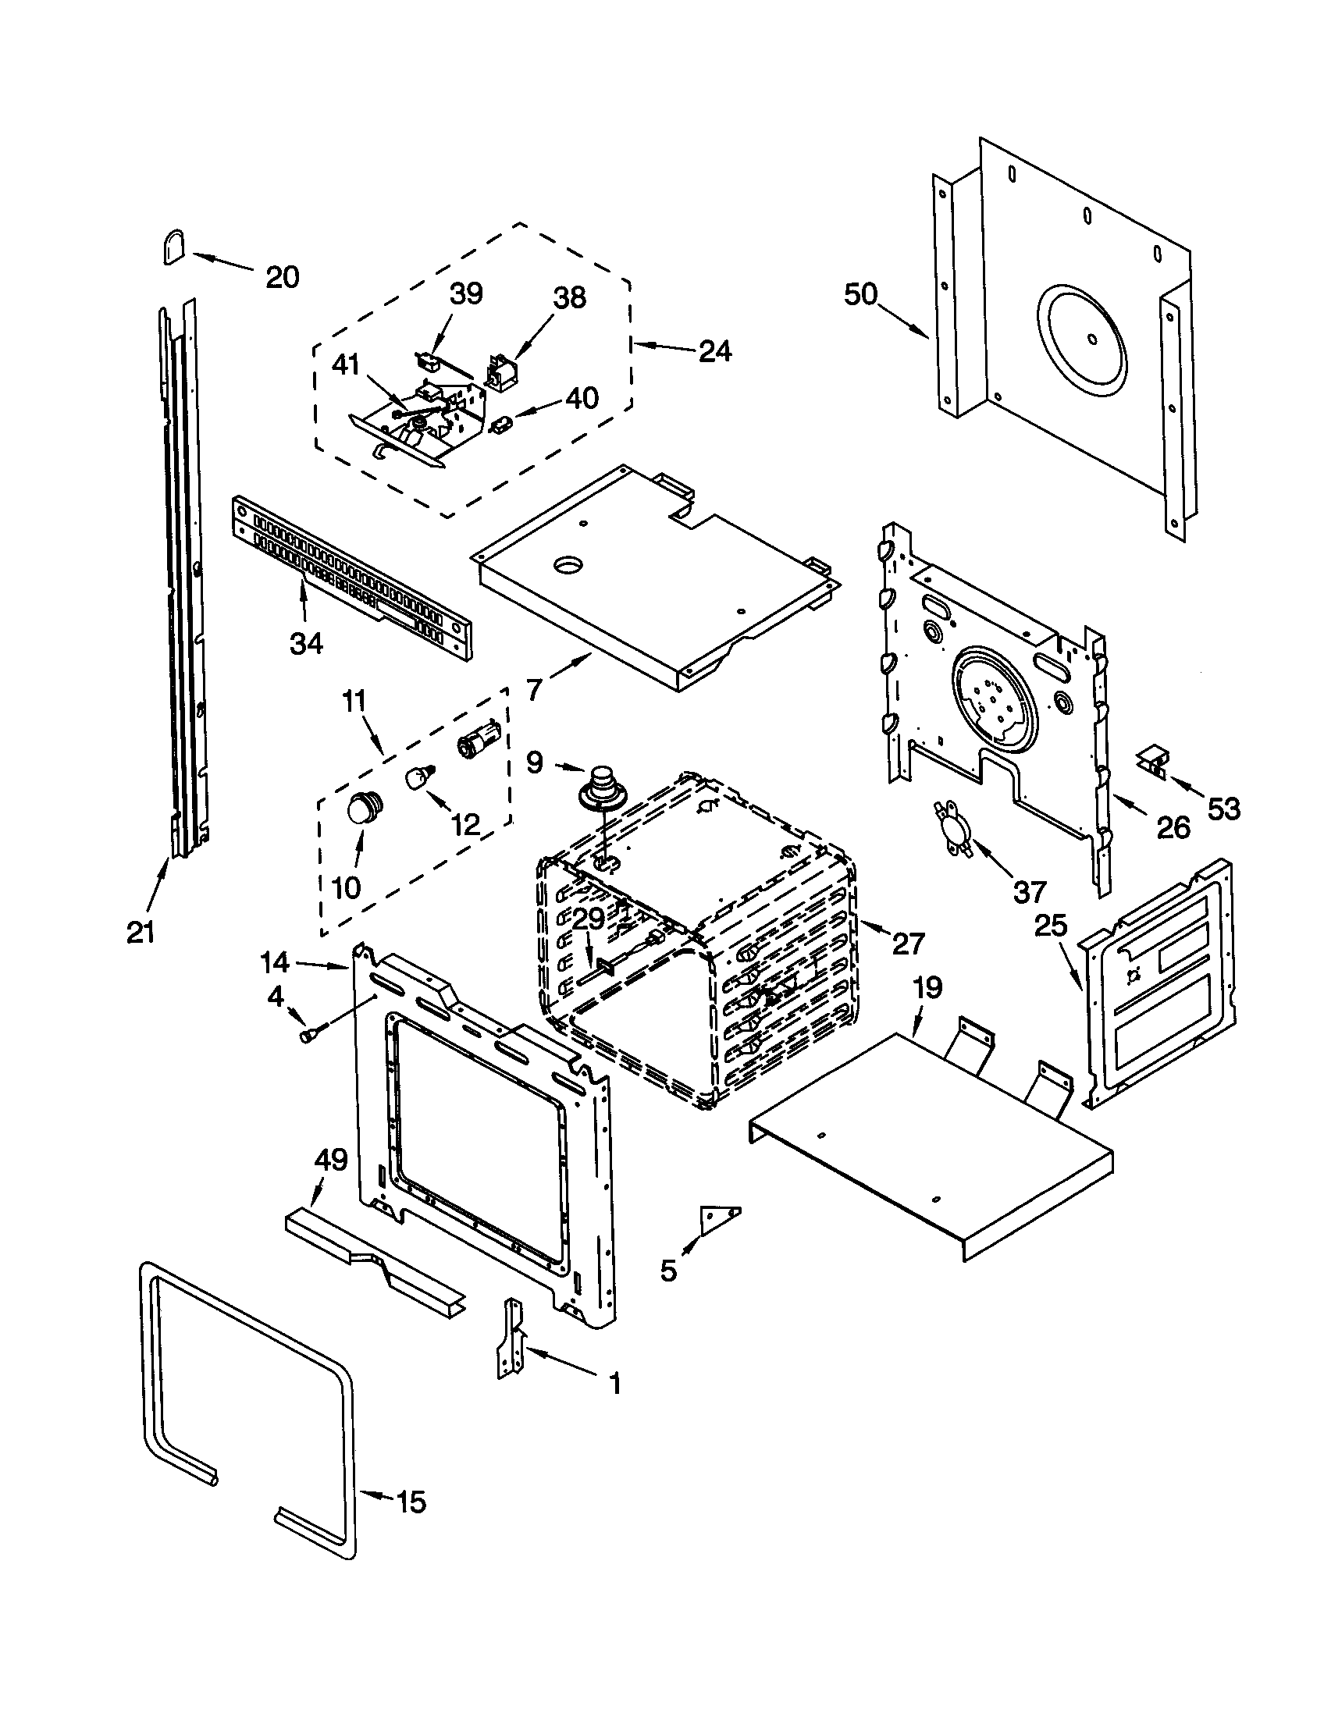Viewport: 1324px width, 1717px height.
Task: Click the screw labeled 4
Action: (306, 1036)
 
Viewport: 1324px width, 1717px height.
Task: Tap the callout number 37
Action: (1030, 891)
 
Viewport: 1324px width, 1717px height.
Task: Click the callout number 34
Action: (306, 644)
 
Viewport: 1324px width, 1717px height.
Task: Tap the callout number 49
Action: (330, 1160)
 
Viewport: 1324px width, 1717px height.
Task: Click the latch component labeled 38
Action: (500, 371)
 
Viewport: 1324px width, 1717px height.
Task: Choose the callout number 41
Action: (346, 364)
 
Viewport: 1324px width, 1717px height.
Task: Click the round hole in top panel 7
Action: (569, 563)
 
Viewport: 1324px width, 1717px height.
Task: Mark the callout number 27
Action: (908, 943)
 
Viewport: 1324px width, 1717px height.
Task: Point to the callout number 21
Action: (141, 932)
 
